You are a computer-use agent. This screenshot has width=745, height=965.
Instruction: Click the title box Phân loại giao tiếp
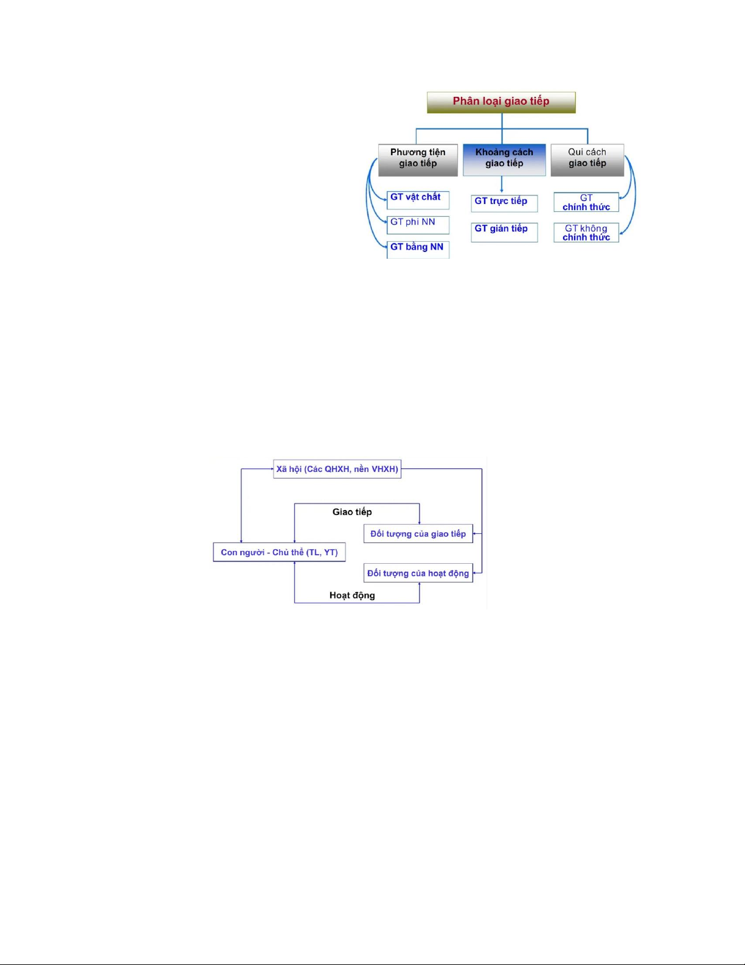501,102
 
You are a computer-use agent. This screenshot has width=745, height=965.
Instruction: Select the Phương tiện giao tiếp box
418,160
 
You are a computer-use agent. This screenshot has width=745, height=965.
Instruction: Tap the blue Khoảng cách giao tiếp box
504,160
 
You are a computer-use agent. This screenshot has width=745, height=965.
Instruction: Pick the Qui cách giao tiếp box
587,160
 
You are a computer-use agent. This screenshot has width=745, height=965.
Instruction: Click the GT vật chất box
418,199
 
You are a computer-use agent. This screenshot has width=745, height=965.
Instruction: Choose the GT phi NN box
418,224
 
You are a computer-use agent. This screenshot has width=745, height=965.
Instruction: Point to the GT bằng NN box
418,248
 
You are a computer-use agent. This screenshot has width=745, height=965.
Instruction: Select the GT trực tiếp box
504,203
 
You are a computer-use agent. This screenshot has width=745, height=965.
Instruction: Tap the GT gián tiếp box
504,231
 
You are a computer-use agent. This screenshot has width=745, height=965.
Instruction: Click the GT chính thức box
586,202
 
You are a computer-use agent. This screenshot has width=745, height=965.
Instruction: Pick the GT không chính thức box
586,233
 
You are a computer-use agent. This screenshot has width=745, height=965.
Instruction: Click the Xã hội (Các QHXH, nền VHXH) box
337,469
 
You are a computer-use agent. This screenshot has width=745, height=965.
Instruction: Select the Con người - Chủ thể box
279,552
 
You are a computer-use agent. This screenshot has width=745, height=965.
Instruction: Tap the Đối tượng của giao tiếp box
418,534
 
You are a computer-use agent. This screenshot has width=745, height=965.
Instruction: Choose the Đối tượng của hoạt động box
418,573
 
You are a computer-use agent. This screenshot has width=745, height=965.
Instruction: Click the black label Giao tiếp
352,512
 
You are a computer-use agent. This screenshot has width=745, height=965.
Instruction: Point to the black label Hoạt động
352,595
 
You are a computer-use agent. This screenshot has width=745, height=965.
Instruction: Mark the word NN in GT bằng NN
437,247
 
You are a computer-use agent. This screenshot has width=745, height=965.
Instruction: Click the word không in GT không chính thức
594,228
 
